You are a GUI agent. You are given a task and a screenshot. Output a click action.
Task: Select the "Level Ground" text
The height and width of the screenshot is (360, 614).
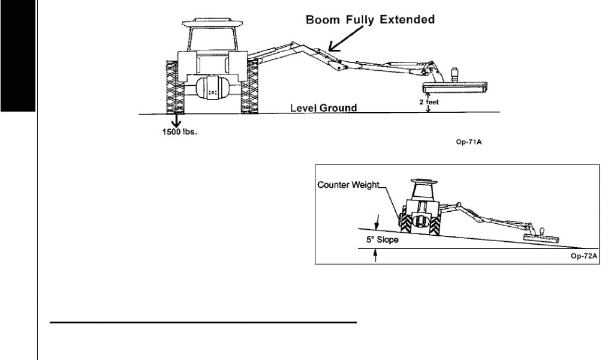coord(323,108)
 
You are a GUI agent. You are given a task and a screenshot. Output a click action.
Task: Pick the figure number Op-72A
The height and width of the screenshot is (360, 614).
coord(585,255)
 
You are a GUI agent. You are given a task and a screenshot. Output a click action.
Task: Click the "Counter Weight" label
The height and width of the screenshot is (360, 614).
coord(348,185)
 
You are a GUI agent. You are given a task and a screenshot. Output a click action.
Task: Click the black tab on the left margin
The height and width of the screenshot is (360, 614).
coord(18,57)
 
